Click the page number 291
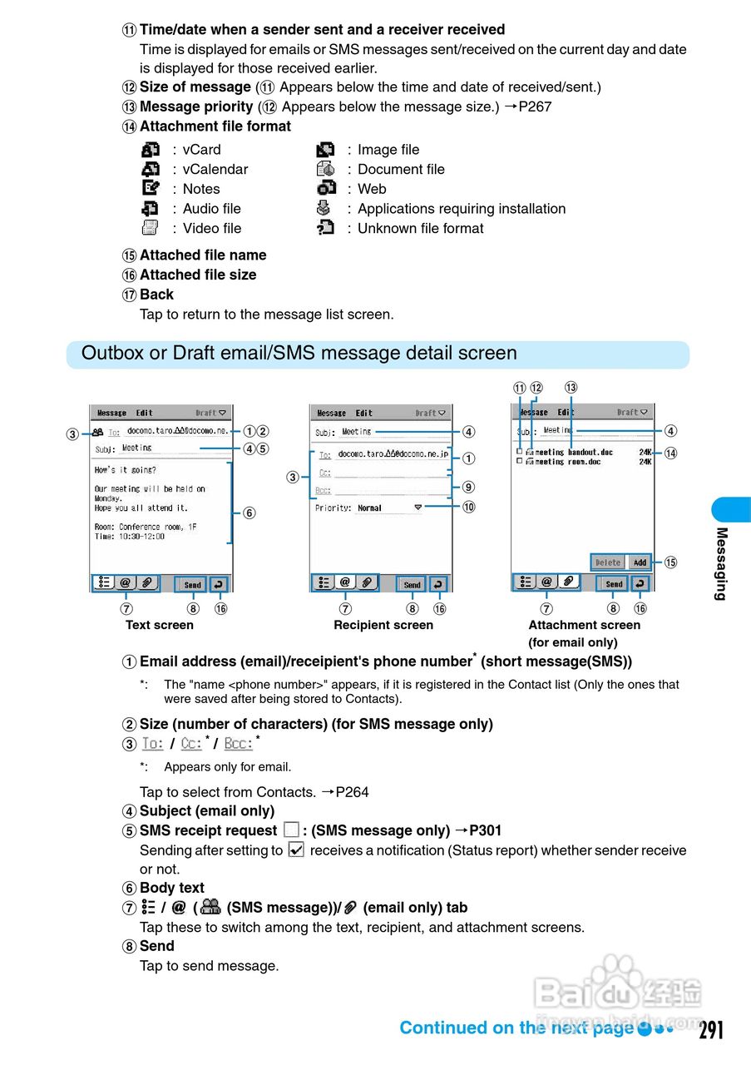(711, 1030)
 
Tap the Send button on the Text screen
(192, 584)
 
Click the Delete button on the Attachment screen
(608, 562)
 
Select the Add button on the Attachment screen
(640, 562)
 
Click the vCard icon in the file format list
(151, 150)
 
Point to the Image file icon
(325, 150)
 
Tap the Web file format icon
(325, 189)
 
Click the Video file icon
(151, 228)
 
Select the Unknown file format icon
(325, 228)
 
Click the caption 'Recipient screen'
(383, 625)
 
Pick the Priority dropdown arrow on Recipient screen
(417, 507)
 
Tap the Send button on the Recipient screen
(412, 584)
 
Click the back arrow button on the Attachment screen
(640, 583)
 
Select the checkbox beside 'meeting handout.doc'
(520, 452)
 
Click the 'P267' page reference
(535, 106)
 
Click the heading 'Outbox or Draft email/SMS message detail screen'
(299, 354)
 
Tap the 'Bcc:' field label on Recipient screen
(323, 491)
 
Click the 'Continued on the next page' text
(516, 1028)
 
